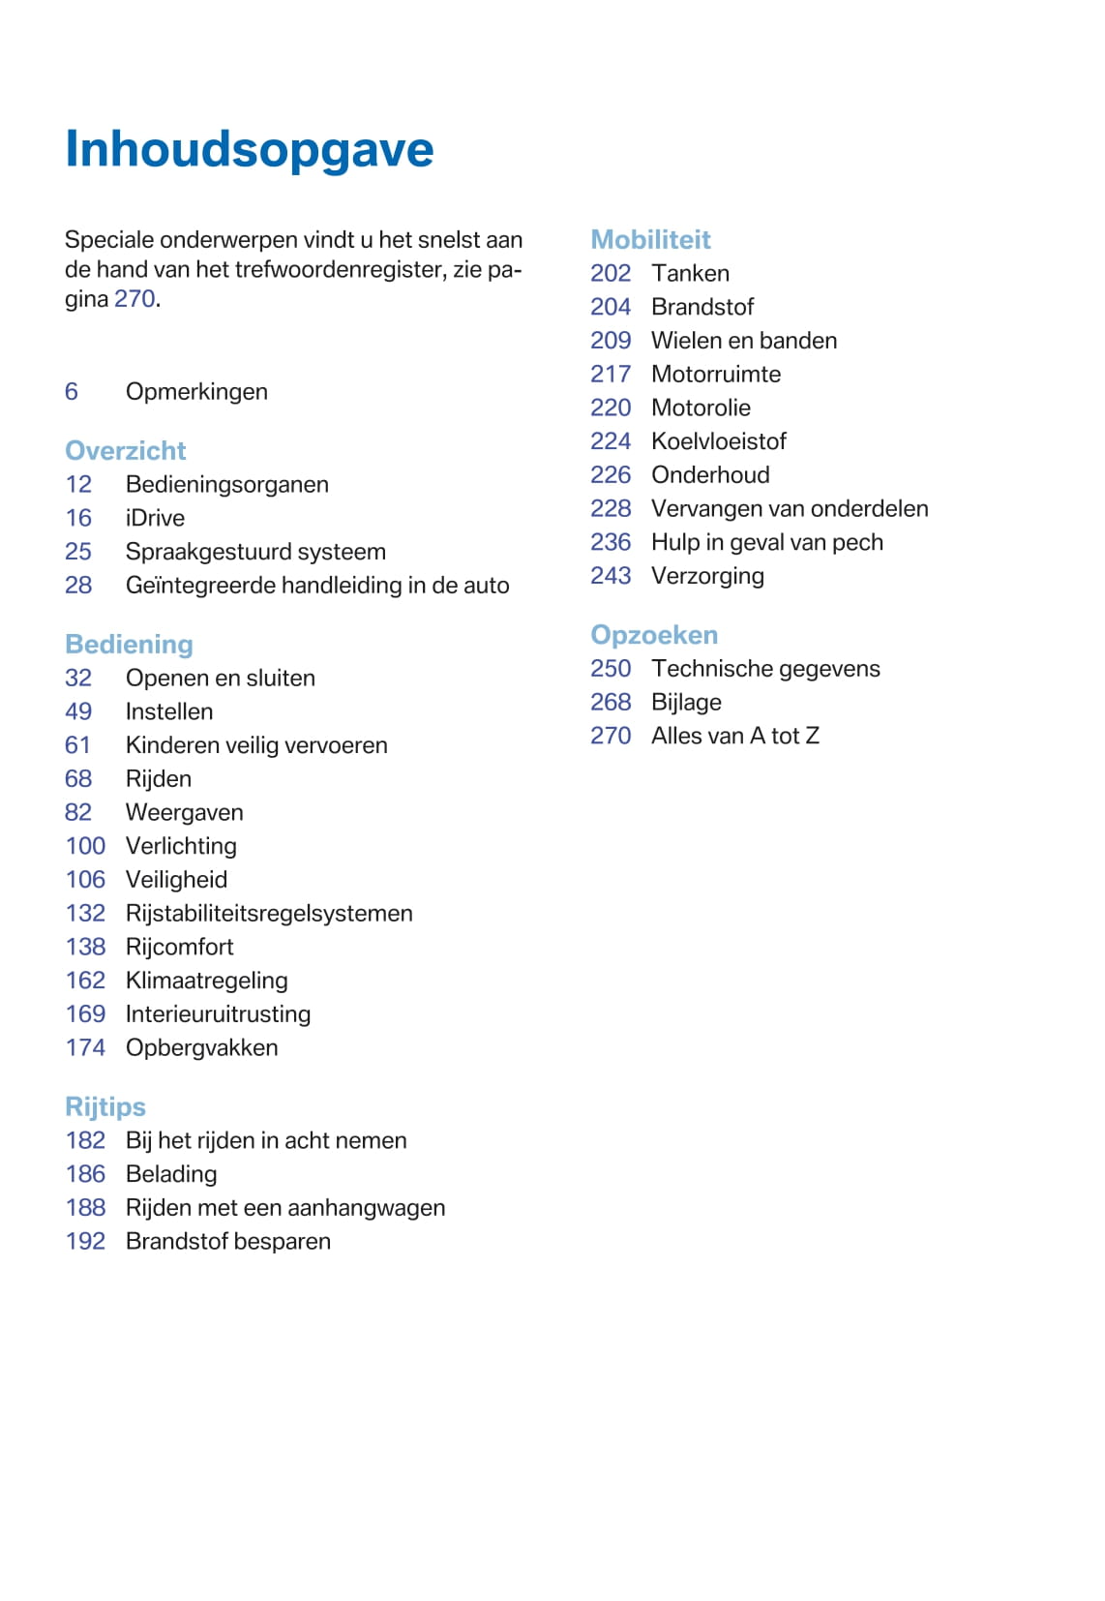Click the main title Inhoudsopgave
(x=249, y=150)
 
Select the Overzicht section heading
(x=125, y=450)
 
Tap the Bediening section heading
(x=129, y=644)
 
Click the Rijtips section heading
(x=105, y=1106)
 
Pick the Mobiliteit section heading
(x=650, y=239)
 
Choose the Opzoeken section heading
(x=654, y=634)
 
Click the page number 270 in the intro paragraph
(x=134, y=298)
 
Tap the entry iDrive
(x=155, y=518)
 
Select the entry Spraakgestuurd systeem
(x=255, y=552)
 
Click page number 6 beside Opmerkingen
(x=72, y=391)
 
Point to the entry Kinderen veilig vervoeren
(x=256, y=745)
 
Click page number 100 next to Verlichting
(x=85, y=846)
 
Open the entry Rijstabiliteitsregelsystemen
(x=269, y=913)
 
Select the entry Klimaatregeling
(x=206, y=981)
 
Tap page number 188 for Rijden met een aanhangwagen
(x=85, y=1207)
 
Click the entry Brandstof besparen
(x=228, y=1241)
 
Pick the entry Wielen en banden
(x=744, y=341)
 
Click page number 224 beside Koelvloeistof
(x=611, y=441)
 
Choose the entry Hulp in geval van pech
(x=767, y=542)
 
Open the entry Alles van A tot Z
(x=735, y=736)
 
